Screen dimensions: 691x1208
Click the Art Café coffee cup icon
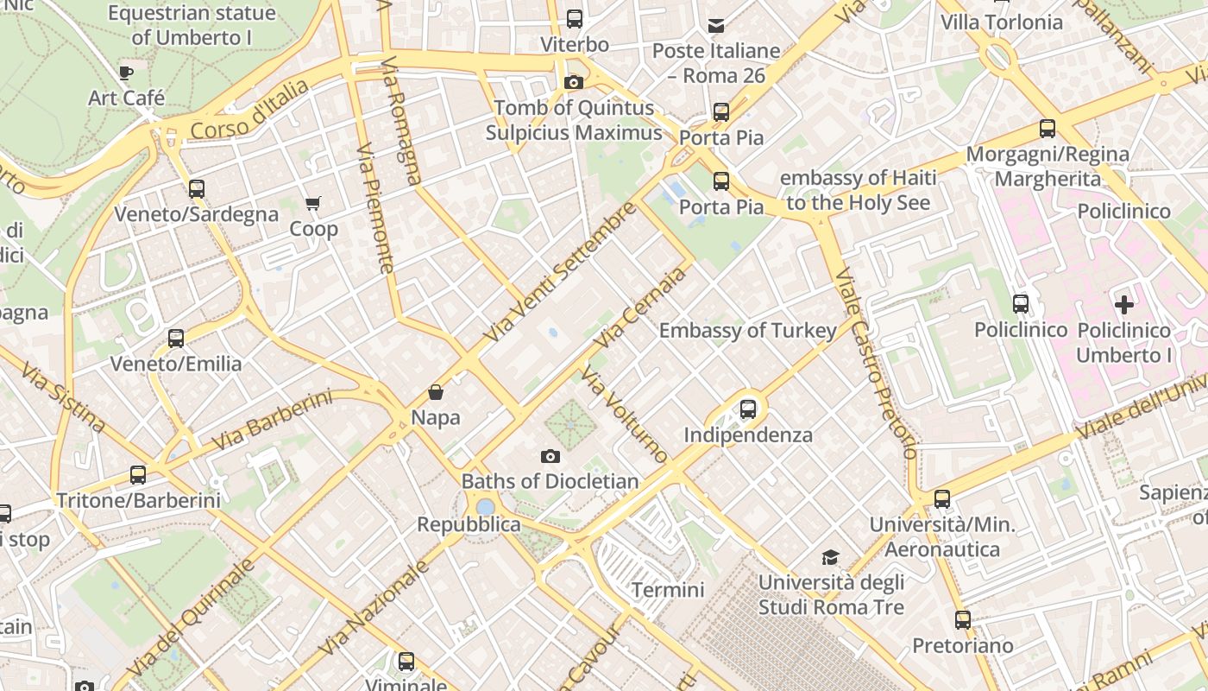tap(126, 73)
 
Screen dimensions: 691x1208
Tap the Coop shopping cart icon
tap(312, 204)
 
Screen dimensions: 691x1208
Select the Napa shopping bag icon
tap(436, 393)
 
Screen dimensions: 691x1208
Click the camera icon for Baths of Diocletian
tap(550, 456)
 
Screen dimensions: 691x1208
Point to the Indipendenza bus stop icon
tap(748, 409)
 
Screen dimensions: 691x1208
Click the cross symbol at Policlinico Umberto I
tap(1123, 305)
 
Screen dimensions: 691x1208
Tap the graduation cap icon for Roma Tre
tap(830, 557)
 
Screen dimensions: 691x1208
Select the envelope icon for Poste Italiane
tap(716, 26)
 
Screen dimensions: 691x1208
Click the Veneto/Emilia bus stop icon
tap(176, 339)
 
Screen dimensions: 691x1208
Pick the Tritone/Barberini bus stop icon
tap(138, 475)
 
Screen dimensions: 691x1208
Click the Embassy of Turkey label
tap(747, 331)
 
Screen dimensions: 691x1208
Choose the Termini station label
tap(668, 591)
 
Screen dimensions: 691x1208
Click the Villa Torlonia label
tap(1001, 22)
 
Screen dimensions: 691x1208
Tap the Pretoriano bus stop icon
tap(963, 620)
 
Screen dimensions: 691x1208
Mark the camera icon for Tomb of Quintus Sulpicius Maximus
tap(573, 83)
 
